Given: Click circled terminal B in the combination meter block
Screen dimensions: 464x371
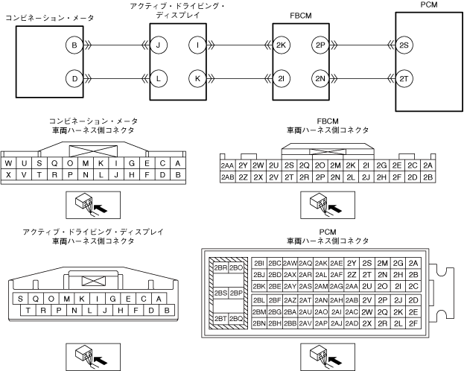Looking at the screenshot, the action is pyautogui.click(x=74, y=46).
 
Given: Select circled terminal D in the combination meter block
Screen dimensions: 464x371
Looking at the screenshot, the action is pyautogui.click(x=74, y=77).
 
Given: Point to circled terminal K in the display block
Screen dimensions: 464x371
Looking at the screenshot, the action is pyautogui.click(x=197, y=77).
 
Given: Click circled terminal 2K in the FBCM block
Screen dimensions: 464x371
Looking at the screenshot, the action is pyautogui.click(x=281, y=46).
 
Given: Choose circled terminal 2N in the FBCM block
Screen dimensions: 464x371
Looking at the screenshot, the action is pyautogui.click(x=321, y=77).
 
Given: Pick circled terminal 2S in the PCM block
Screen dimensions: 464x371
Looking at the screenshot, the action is pyautogui.click(x=405, y=46).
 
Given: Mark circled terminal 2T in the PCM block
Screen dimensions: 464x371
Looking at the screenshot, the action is pyautogui.click(x=405, y=77).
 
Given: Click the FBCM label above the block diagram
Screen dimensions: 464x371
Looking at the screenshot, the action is pyautogui.click(x=301, y=14).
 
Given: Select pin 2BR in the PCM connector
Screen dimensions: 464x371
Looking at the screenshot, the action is pyautogui.click(x=220, y=267).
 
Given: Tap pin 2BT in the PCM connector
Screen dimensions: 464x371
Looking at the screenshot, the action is pyautogui.click(x=220, y=318).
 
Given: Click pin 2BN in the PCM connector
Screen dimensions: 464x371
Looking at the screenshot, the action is pyautogui.click(x=259, y=323).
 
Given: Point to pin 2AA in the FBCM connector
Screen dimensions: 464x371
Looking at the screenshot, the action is pyautogui.click(x=227, y=165).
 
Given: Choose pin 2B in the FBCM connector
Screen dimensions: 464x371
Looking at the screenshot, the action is pyautogui.click(x=428, y=177).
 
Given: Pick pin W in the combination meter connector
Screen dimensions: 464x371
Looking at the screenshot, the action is pyautogui.click(x=8, y=163).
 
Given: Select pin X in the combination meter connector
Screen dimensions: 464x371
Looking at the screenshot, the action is pyautogui.click(x=8, y=174).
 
